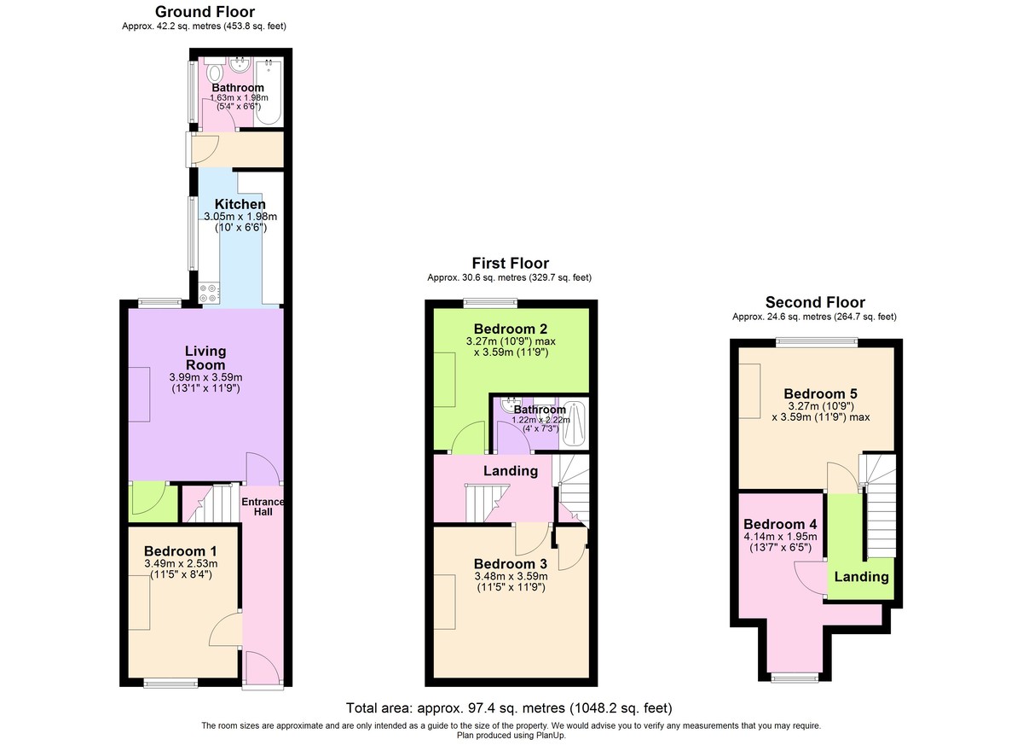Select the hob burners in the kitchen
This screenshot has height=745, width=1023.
[x=209, y=293]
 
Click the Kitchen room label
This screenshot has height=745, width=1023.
[x=240, y=205]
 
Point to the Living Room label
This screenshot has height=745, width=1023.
[x=205, y=358]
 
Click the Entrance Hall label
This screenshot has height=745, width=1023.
[x=263, y=507]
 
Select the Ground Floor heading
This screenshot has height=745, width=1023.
[x=204, y=12]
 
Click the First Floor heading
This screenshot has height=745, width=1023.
[x=510, y=263]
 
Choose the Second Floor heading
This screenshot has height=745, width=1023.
[x=814, y=302]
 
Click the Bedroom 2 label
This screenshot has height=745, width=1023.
[x=511, y=329]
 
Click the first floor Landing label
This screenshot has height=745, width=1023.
[x=511, y=471]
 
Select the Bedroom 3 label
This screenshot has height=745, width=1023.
[x=510, y=564]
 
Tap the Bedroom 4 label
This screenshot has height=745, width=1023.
[x=780, y=524]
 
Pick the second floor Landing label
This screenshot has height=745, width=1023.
[x=860, y=576]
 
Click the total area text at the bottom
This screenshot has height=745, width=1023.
[x=509, y=708]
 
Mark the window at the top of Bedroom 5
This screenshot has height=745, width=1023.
[x=816, y=342]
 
